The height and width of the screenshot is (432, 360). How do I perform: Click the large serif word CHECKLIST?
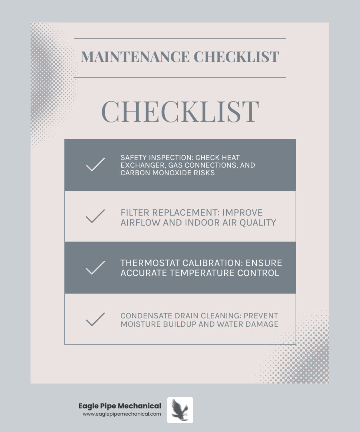click(x=180, y=112)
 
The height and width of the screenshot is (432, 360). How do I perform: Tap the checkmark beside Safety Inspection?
click(x=95, y=165)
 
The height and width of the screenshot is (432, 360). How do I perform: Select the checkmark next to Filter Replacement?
click(x=95, y=216)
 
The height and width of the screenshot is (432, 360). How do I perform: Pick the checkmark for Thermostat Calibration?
click(x=95, y=268)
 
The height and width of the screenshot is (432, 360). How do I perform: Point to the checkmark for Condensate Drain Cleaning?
click(x=95, y=319)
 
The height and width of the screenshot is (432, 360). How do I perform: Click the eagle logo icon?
click(x=180, y=410)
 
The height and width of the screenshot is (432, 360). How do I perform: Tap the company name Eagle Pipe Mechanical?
click(x=120, y=406)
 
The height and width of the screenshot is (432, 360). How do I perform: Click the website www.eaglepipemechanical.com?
click(x=122, y=414)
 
